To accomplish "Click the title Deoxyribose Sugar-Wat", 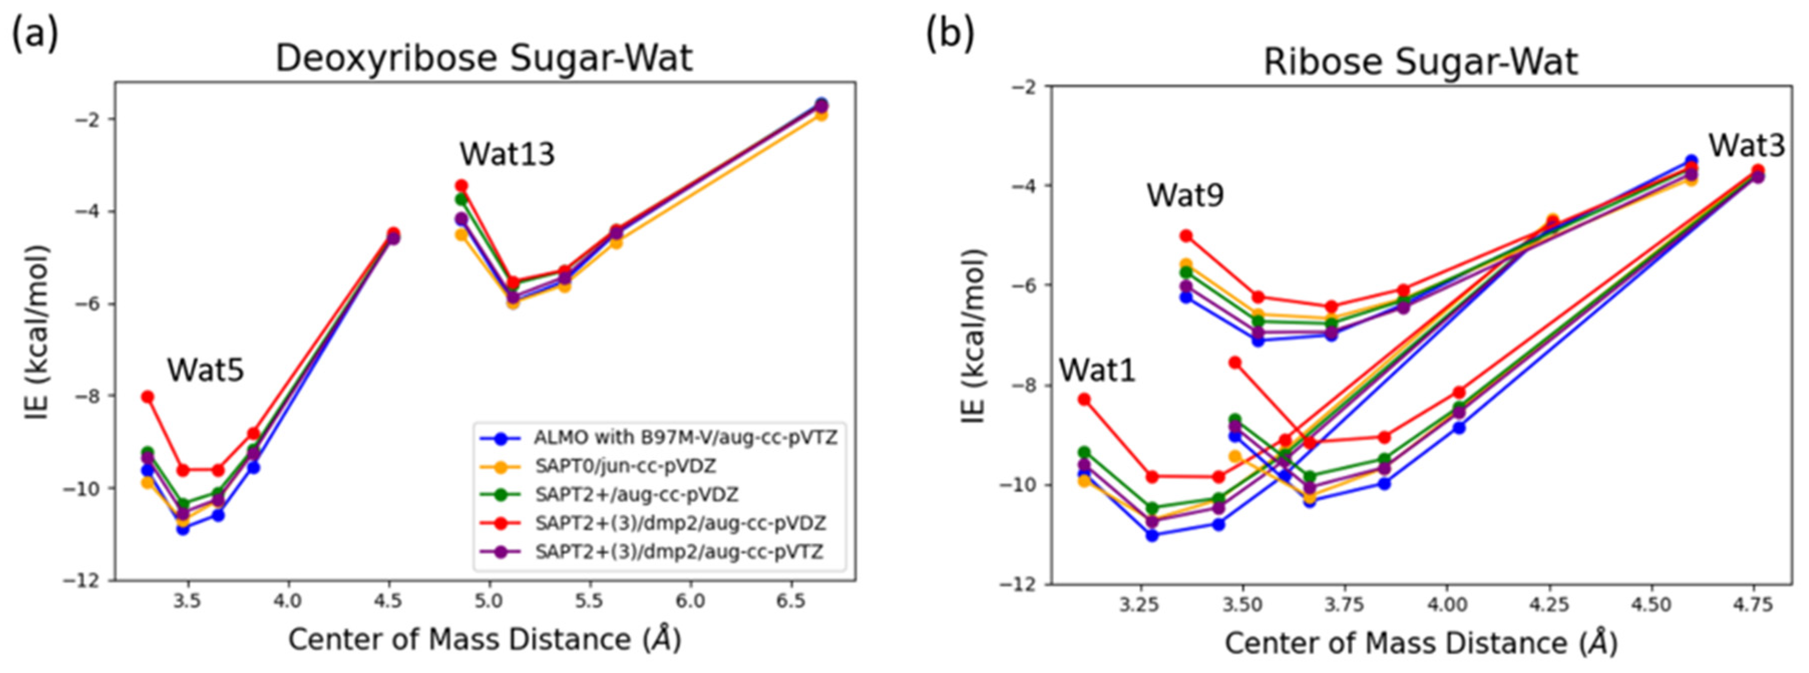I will point(484,58).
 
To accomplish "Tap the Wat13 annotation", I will point(507,154).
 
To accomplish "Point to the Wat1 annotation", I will point(1097,370).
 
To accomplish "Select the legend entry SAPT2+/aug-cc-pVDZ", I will point(636,495).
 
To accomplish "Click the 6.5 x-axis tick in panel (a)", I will point(791,601).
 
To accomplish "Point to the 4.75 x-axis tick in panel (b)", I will point(1752,604).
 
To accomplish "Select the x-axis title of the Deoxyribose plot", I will point(485,639).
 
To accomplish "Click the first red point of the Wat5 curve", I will point(147,397).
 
